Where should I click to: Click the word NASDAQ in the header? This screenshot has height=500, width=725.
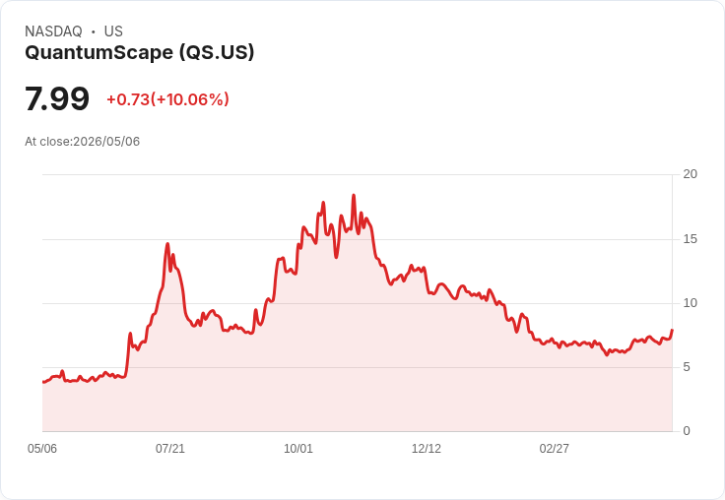pos(53,31)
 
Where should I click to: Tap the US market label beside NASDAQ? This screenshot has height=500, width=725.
pos(113,31)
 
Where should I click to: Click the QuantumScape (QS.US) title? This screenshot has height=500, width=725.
pos(140,53)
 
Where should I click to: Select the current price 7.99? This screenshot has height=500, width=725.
pos(57,98)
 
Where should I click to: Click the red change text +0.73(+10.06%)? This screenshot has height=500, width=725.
pos(167,99)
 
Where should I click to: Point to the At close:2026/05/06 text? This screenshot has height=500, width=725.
pos(83,142)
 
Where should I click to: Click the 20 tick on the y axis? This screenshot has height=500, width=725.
pos(690,174)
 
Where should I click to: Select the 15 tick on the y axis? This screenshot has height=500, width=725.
pos(690,239)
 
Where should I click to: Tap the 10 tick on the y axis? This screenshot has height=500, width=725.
pos(690,303)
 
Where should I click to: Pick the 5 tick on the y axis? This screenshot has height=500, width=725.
pos(687,367)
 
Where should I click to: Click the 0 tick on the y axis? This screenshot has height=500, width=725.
pos(687,431)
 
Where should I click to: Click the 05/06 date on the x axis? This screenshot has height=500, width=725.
pos(42,449)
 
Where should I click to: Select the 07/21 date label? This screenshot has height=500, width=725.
pos(170,449)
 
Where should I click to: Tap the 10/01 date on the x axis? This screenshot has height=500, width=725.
pos(298,449)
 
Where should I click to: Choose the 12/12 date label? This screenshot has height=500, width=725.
pos(427,449)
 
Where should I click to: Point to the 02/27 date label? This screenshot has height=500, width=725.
pos(555,449)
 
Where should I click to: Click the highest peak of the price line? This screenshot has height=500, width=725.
pos(354,195)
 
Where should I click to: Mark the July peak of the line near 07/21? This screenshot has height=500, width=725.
pos(167,243)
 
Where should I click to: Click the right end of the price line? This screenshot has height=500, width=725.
pos(672,330)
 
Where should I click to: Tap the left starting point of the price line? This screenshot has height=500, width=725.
pos(43,382)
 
